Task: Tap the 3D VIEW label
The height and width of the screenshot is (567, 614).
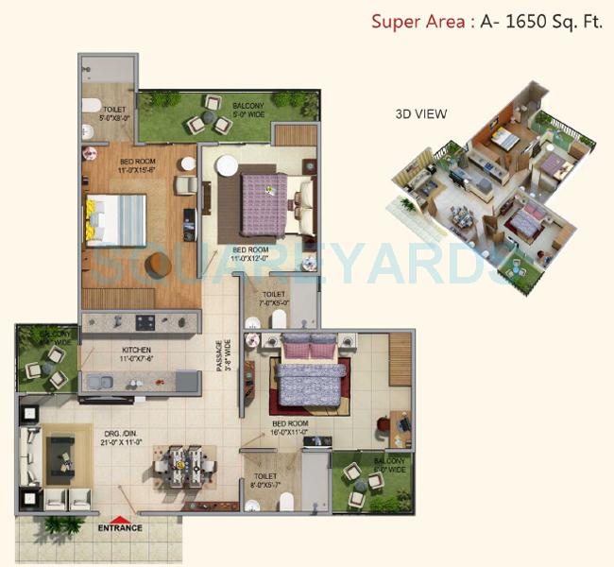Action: [x=420, y=114]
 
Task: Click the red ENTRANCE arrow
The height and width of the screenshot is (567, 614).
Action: [x=120, y=518]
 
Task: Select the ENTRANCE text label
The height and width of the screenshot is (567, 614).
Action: [x=120, y=528]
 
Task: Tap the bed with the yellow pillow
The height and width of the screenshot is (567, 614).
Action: [x=115, y=219]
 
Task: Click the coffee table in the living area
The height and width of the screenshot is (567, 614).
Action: [x=64, y=455]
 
